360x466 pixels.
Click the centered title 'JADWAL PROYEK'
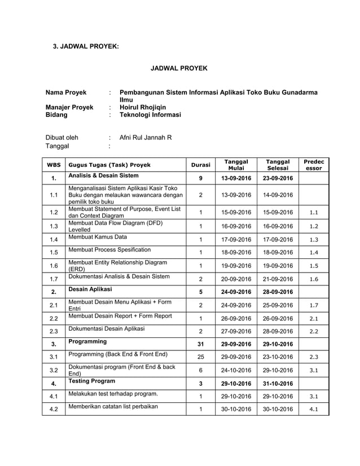(179, 68)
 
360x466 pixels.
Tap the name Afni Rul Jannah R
(146, 137)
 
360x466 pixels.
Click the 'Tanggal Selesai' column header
(279, 165)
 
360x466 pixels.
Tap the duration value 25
(200, 357)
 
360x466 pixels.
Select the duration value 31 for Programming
(200, 344)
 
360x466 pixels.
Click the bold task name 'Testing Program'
(91, 381)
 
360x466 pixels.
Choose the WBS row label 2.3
(54, 331)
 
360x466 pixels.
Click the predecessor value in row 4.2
(314, 409)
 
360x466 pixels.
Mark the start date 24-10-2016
(236, 370)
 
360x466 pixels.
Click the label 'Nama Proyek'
(66, 93)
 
